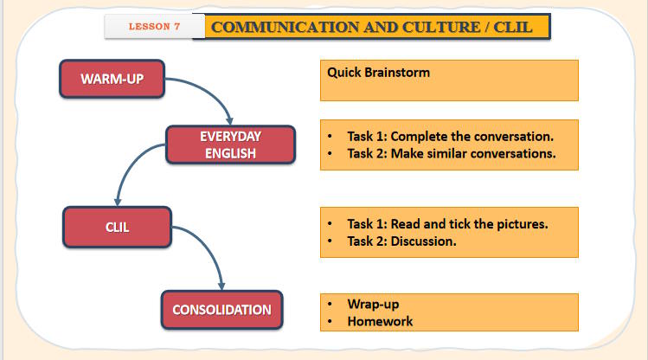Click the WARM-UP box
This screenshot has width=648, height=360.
112,79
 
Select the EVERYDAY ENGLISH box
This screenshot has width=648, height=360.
230,145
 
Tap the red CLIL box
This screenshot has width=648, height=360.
118,228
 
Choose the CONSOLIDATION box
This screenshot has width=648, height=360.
221,309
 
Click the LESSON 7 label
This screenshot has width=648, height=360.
154,26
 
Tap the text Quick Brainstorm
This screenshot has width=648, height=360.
378,73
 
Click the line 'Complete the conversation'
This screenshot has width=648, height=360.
450,137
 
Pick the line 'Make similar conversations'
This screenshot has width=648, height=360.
451,154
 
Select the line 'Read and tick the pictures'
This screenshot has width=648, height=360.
447,224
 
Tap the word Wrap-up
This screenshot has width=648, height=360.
373,304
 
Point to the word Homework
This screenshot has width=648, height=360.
380,321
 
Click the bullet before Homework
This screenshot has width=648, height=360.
330,322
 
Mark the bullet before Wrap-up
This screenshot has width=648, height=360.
330,305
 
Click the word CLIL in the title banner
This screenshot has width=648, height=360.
514,26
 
